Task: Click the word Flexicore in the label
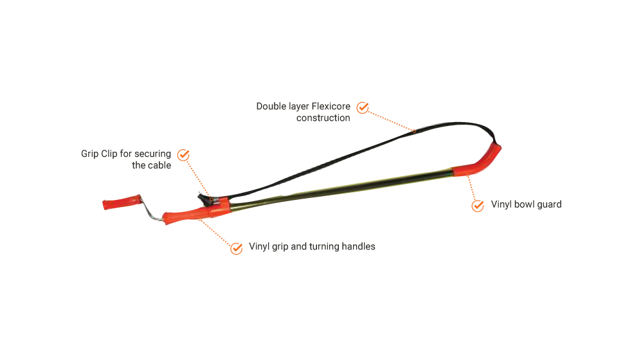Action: [x=331, y=106]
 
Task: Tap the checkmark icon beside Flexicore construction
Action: [x=363, y=108]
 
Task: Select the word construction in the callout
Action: [x=323, y=118]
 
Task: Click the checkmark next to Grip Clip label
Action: [x=183, y=155]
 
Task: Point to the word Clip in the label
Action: [x=109, y=154]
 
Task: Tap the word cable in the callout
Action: [x=159, y=165]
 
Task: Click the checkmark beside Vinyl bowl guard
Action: [x=478, y=206]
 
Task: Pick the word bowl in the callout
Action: [x=524, y=204]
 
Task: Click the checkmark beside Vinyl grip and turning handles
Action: [x=237, y=248]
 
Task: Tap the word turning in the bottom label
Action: [x=324, y=246]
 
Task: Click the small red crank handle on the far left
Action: [x=122, y=202]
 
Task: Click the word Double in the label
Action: [x=271, y=106]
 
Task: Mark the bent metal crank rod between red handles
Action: [x=150, y=210]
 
